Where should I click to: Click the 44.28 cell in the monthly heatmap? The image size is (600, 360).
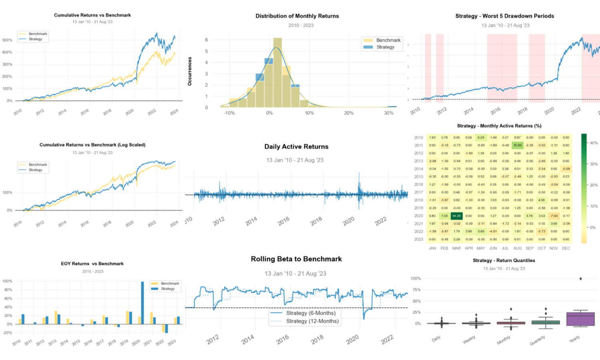pyautogui.click(x=456, y=216)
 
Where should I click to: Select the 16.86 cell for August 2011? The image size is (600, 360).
pyautogui.click(x=517, y=145)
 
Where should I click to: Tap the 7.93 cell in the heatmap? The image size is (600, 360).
pyautogui.click(x=444, y=216)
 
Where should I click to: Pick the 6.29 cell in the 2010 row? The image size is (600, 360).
pyautogui.click(x=481, y=137)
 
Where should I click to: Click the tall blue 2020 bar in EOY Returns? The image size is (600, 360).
pyautogui.click(x=142, y=303)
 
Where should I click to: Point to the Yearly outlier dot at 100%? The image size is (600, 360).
pyautogui.click(x=580, y=279)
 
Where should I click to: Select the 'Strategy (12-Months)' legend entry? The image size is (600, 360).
pyautogui.click(x=312, y=321)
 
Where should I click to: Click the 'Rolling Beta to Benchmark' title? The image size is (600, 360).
pyautogui.click(x=296, y=259)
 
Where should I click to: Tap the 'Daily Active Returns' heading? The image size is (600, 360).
pyautogui.click(x=296, y=147)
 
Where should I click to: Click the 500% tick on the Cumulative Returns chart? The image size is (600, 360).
pyautogui.click(x=7, y=40)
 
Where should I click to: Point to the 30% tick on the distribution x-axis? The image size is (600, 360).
pyautogui.click(x=389, y=113)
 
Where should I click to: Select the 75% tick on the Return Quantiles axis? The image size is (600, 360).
pyautogui.click(x=416, y=290)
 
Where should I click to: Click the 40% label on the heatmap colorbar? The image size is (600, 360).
pyautogui.click(x=594, y=143)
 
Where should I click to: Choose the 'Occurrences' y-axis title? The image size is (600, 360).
pyautogui.click(x=190, y=71)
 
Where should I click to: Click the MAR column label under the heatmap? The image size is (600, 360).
pyautogui.click(x=456, y=248)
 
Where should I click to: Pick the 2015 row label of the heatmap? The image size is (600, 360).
pyautogui.click(x=419, y=177)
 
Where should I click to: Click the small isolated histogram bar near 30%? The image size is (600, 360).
pyautogui.click(x=392, y=107)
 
